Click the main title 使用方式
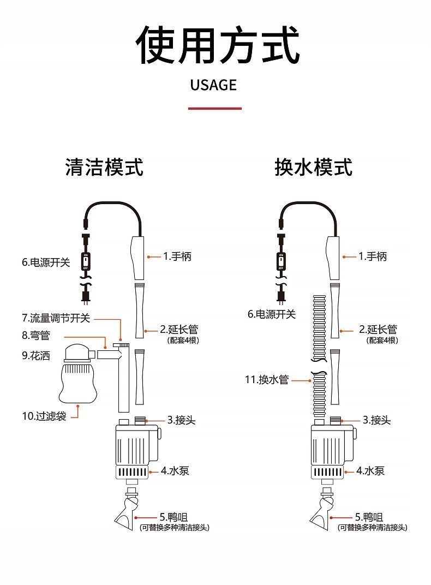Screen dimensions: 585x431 coord(217,45)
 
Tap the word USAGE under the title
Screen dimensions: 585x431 coord(214,85)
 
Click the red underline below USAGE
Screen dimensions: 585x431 coord(214,109)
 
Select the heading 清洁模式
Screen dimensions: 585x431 coord(104,167)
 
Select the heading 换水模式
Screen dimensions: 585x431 coord(313,167)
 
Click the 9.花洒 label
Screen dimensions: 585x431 coord(36,356)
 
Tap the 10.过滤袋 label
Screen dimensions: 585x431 coord(44,416)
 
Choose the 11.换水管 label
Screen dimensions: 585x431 coord(266,379)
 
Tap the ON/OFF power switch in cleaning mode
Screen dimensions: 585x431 coord(86,261)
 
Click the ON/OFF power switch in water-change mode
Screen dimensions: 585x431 coord(281,261)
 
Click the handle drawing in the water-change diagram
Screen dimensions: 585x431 coord(333,256)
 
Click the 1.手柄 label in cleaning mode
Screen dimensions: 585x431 coord(177,256)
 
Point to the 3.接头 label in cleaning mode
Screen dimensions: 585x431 coord(181,420)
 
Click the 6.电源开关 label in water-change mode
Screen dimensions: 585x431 coord(272,314)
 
